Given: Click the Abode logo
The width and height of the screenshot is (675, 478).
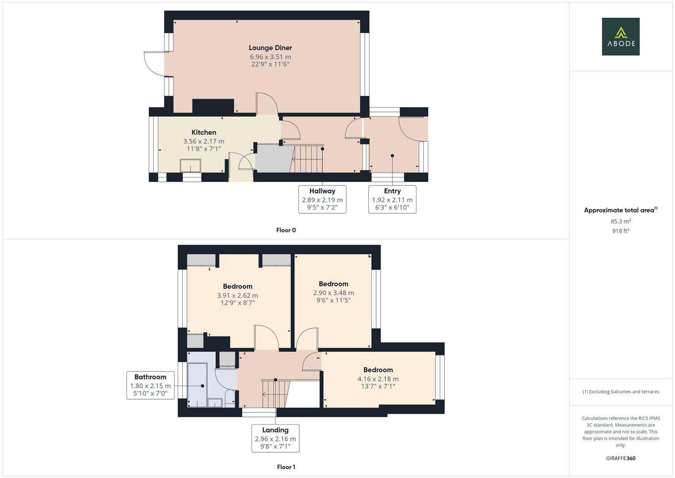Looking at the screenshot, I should pos(620,36).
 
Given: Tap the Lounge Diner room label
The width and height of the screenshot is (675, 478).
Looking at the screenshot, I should pos(270,48).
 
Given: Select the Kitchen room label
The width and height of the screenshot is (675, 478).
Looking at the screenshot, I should pos(204,132).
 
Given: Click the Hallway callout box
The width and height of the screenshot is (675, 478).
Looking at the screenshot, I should pos(322,199).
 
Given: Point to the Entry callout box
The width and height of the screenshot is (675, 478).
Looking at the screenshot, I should pos(392,199).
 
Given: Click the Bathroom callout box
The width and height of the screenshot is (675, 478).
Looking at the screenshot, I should pos(150,385).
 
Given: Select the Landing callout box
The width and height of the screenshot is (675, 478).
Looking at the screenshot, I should pos(275,438).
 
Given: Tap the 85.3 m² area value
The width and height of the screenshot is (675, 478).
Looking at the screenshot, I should pos(620,221).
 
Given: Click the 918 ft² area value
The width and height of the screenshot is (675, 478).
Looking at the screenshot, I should pos(620,231).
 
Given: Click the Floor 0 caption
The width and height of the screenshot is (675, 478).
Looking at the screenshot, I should pos(286,230).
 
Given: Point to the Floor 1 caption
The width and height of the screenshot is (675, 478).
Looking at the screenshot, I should pos(286,467).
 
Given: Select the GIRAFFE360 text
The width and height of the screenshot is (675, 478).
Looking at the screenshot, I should pos(620,458).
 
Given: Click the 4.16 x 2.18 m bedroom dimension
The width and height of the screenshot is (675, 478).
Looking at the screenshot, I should pos(378,379).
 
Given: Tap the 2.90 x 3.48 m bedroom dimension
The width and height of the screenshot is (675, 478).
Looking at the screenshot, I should pos(333,293).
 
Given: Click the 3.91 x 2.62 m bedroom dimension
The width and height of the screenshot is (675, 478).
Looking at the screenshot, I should pos(237,295).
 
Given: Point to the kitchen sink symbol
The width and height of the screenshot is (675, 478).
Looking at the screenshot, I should pos(191,166).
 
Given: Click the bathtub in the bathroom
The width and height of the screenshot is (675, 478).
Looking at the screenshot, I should pos(197,384).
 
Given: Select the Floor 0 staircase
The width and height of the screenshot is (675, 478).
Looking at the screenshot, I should pos(309,159).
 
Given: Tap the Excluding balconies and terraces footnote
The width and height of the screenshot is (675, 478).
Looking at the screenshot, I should pos(620,392).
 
